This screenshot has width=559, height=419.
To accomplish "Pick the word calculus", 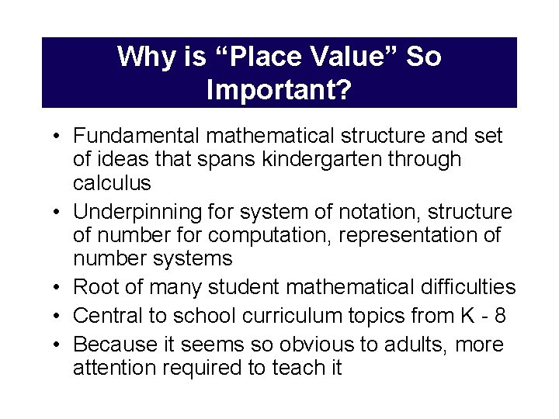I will pyautogui.click(x=112, y=183).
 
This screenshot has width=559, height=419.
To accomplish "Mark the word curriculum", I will pyautogui.click(x=283, y=316).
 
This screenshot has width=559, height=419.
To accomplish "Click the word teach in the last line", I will pyautogui.click(x=297, y=368).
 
